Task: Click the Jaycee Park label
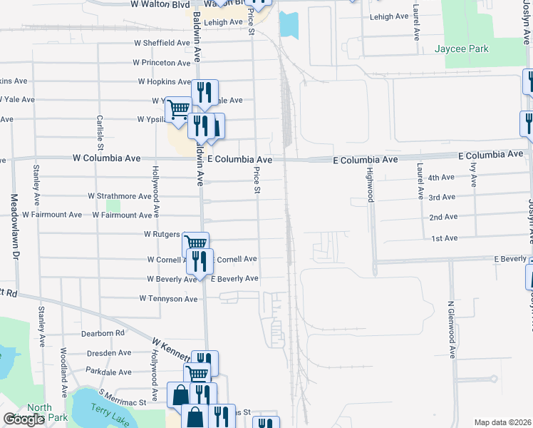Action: coord(461,50)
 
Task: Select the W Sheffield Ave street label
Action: coord(162,43)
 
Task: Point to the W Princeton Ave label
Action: coord(162,63)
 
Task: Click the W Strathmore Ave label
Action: coord(120,195)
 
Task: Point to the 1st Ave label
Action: coord(444,238)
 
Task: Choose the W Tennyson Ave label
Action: coord(168,299)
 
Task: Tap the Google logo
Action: coord(24,419)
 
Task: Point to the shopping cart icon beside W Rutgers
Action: coord(195,243)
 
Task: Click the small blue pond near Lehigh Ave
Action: coord(289,25)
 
